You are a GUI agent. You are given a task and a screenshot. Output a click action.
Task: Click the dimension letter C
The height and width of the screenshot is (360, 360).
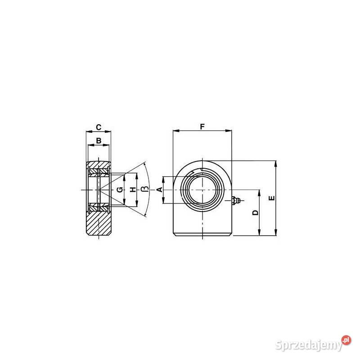pos(99,127)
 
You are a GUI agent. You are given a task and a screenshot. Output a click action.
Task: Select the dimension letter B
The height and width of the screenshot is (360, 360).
pos(99,140)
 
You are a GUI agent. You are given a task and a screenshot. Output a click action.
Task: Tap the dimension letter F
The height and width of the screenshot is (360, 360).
pos(202,126)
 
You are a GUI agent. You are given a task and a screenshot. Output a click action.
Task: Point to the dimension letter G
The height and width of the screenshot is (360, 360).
pos(120,189)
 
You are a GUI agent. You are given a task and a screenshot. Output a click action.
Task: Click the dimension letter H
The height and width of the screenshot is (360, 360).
pos(133,189)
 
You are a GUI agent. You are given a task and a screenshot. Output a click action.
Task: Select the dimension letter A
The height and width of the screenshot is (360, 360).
pos(160,189)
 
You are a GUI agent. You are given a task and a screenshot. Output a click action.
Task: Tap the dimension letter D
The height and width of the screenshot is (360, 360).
pos(255,212)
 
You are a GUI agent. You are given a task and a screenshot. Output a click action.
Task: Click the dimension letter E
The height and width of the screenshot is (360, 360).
pos(272,198)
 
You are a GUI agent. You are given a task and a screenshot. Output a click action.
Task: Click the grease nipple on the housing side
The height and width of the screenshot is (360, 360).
pos(236,200)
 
